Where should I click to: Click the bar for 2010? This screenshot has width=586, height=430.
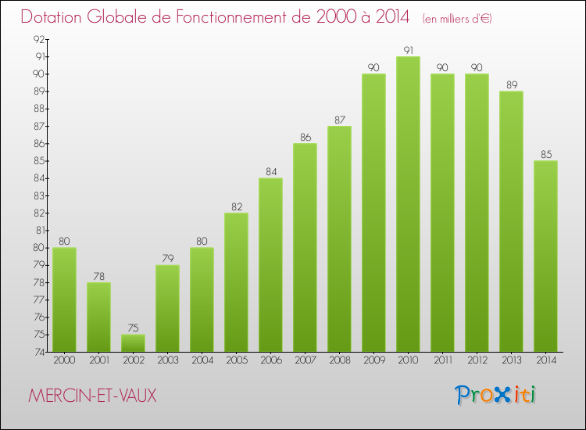[408, 204]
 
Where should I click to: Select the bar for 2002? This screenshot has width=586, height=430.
[133, 343]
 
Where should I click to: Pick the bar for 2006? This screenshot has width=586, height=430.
[270, 265]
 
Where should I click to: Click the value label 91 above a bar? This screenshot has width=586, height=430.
[408, 50]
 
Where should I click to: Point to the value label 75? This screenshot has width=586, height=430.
[133, 328]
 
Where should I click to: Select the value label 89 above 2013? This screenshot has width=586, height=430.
[511, 85]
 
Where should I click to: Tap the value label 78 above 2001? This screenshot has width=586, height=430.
[98, 276]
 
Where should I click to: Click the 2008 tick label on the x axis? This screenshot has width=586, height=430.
[339, 360]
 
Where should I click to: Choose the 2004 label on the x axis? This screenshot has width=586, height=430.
[202, 360]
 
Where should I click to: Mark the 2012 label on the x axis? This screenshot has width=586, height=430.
[477, 360]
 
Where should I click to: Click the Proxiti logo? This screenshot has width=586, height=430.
[495, 395]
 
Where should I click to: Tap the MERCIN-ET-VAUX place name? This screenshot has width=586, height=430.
[92, 396]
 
